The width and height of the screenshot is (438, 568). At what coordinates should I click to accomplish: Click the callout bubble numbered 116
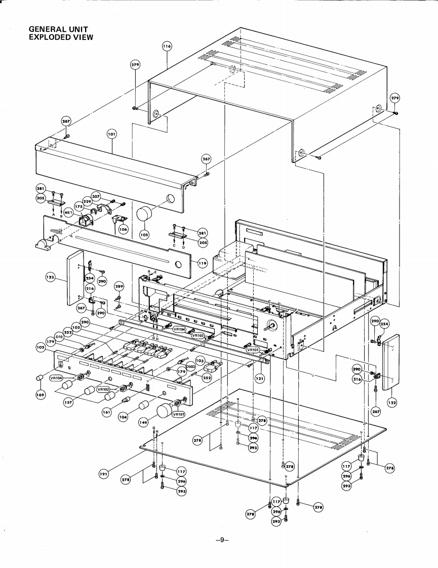click(167, 46)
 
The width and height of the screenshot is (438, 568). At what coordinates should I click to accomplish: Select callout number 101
click(112, 134)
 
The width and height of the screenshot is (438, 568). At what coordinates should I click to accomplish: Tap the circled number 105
click(144, 235)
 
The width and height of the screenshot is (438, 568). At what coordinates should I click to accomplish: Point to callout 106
click(123, 229)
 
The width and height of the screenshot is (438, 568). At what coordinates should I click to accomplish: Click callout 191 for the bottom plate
click(104, 474)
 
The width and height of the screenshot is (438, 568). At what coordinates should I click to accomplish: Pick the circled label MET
click(69, 213)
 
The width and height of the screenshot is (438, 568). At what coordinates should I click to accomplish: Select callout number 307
click(96, 196)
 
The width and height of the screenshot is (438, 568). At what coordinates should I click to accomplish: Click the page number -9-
click(222, 540)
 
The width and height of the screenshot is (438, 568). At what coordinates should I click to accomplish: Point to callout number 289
click(118, 287)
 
